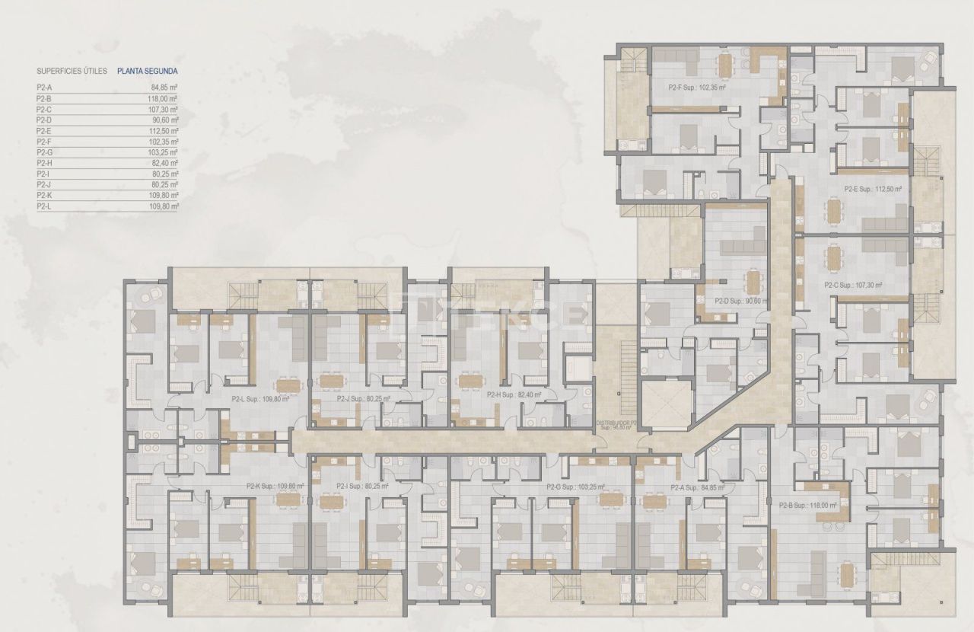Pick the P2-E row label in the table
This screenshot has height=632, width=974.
tap(43, 131)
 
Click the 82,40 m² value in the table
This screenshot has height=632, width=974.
tap(164, 163)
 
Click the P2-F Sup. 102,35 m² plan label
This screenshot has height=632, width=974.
tap(696, 88)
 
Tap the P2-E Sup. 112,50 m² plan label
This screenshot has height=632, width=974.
tap(873, 190)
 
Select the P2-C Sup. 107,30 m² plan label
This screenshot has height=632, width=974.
tap(853, 286)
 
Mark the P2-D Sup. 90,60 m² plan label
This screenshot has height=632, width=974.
tap(742, 302)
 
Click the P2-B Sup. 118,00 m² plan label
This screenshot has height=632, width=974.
tap(807, 504)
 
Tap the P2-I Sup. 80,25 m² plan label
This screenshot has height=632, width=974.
tap(361, 486)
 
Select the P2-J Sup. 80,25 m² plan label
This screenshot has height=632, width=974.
tap(363, 397)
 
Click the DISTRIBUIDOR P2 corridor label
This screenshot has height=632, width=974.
tap(617, 424)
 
